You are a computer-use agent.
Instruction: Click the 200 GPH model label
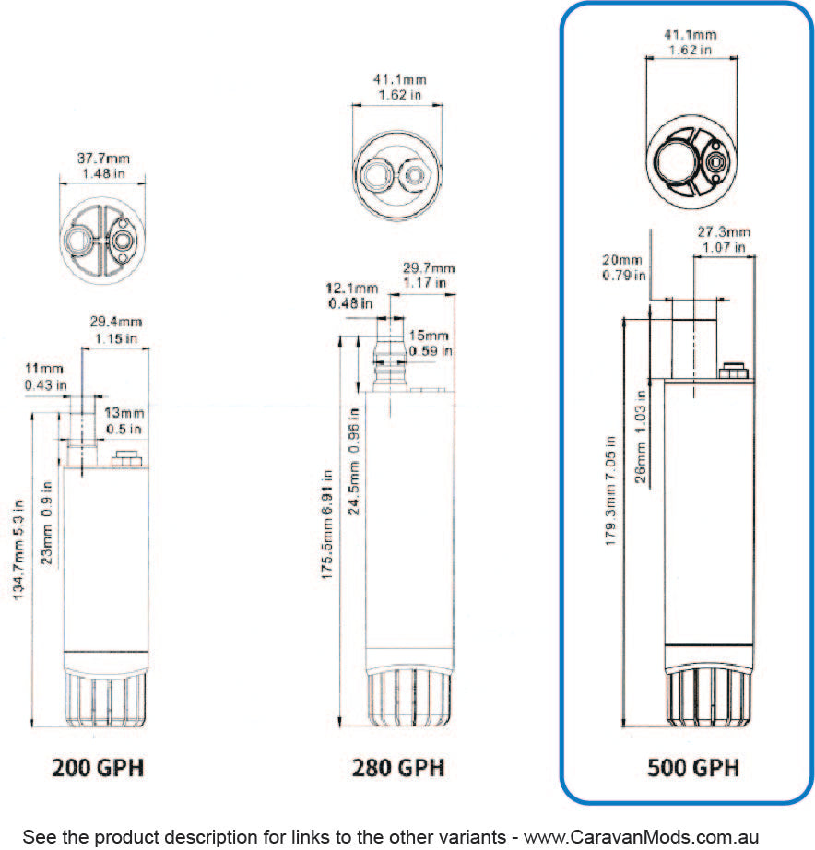tap(98, 767)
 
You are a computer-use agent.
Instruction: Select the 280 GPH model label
tap(398, 767)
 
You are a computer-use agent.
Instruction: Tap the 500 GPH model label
tap(693, 767)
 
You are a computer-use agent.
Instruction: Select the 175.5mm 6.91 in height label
tap(326, 538)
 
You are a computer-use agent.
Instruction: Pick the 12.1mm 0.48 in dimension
tap(351, 295)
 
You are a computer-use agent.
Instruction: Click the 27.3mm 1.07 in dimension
tap(723, 239)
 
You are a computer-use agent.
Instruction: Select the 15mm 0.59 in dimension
tap(430, 342)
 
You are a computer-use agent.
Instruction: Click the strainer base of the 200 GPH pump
tap(104, 699)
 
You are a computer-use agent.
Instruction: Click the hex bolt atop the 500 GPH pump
tap(734, 372)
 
